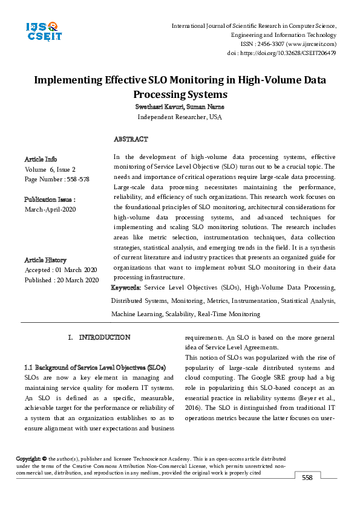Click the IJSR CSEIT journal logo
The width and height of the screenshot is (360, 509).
(43, 31)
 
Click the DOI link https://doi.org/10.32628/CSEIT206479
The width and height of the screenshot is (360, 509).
(290, 53)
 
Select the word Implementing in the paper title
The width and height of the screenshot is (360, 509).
(64, 80)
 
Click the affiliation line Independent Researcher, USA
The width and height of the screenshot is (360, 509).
(180, 117)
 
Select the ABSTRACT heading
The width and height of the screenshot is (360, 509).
(130, 140)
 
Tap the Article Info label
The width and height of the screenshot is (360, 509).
(41, 159)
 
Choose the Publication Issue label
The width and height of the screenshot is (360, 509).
(50, 199)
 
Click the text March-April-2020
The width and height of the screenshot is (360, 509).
(50, 209)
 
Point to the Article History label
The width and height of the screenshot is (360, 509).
(45, 260)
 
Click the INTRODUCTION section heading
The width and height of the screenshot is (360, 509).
(105, 337)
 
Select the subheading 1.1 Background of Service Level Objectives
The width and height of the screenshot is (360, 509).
(94, 368)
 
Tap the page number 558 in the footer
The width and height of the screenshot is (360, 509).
(307, 478)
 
